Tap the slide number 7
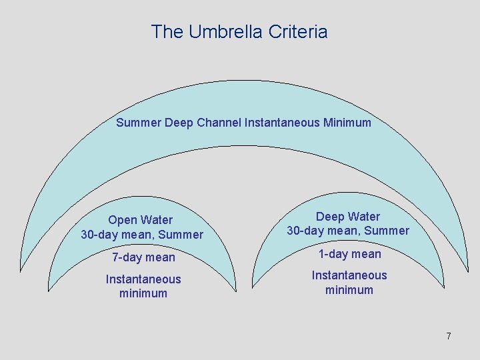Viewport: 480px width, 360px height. click(x=449, y=336)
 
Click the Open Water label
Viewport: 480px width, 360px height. click(x=140, y=220)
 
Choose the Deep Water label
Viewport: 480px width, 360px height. click(x=347, y=217)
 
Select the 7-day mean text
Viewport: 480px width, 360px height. click(x=143, y=257)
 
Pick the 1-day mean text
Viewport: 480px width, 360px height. click(x=349, y=254)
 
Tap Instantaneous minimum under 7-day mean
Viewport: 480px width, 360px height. click(x=143, y=286)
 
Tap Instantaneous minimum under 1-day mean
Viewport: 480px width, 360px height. click(x=349, y=283)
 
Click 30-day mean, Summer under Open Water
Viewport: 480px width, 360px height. click(x=141, y=235)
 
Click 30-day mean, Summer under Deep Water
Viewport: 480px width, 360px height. click(x=348, y=231)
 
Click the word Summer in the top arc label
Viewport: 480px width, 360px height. click(x=138, y=123)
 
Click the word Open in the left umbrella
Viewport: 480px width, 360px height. click(x=122, y=220)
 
